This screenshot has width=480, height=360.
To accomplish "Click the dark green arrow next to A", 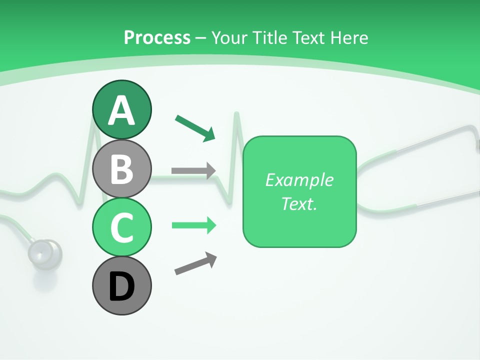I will tap(195, 127).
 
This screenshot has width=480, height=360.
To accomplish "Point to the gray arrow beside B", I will tap(193, 170).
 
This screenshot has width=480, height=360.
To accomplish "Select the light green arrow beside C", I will tap(194, 225).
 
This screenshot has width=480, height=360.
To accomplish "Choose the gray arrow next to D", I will tap(195, 263).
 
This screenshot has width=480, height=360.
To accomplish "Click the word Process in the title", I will tap(157, 37).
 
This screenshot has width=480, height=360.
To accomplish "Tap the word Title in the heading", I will tap(268, 37).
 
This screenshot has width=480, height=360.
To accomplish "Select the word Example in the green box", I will tap(299, 180).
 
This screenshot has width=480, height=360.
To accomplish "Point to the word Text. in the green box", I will tap(299, 204).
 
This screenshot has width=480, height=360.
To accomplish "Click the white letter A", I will tap(121, 110).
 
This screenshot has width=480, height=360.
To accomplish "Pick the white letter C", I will tap(121, 227).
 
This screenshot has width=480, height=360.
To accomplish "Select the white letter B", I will tap(121, 169).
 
